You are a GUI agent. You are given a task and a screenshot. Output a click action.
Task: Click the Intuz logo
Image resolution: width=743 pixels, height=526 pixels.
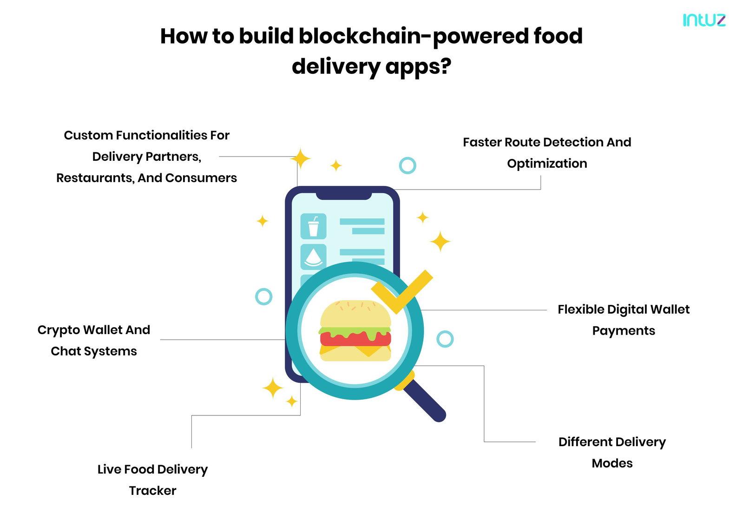point(704,20)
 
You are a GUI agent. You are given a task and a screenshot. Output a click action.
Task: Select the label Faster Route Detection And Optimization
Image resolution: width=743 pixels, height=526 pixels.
point(547,153)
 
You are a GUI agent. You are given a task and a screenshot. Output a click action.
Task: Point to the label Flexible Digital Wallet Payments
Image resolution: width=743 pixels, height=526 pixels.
point(624,320)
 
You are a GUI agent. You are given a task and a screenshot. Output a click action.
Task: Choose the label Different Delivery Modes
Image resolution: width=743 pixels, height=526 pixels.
point(612,453)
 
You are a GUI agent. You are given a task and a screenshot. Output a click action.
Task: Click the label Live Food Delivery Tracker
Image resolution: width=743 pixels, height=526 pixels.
point(152,480)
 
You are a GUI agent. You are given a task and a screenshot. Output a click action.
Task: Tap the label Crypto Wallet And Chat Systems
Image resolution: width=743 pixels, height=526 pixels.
point(94,341)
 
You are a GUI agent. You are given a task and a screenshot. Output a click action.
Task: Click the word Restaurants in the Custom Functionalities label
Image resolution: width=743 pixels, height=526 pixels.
point(96,178)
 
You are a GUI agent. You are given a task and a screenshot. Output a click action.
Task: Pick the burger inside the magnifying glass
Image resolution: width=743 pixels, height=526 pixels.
point(355,331)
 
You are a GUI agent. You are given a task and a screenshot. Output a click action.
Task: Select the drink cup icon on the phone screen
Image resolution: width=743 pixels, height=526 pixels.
point(314,226)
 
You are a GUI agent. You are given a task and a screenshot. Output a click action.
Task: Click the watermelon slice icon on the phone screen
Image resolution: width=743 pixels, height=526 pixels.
point(314,257)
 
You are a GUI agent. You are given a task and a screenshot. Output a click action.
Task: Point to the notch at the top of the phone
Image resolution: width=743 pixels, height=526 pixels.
point(343,196)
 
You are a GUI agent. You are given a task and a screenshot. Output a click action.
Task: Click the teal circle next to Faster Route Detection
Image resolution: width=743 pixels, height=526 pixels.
point(408,158)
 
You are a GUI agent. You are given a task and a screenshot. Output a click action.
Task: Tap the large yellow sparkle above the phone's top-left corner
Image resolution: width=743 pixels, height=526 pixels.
point(300,158)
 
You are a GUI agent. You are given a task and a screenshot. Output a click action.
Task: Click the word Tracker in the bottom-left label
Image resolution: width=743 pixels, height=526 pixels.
point(152,491)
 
